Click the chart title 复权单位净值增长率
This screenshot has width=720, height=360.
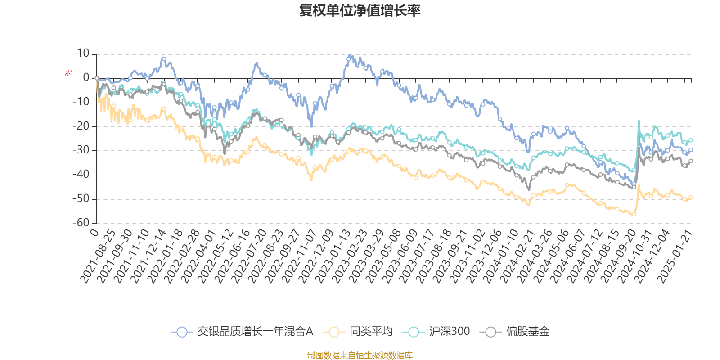pos(360,10)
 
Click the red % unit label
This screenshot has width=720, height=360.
pos(68,72)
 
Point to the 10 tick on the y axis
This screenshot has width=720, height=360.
pos(83,54)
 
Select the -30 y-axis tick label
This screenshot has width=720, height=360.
pos(81,150)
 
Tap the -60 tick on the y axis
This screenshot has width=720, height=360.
pos(81,223)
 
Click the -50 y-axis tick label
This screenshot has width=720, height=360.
pos(81,198)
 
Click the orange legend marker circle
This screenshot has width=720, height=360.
pos(334,332)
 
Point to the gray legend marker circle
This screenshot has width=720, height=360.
pos(490,332)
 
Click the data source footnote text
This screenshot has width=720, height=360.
pos(360,355)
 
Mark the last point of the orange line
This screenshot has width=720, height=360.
pos(691,197)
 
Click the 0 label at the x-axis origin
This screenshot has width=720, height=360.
pos(94,232)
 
